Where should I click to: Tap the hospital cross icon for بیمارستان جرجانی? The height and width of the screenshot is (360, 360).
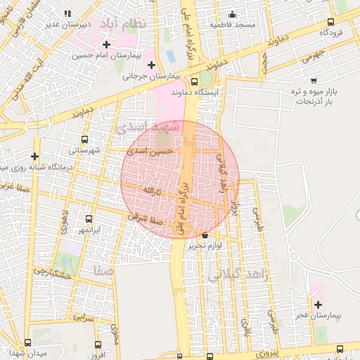coord(151,65)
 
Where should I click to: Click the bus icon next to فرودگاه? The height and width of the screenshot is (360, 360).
coord(332,21)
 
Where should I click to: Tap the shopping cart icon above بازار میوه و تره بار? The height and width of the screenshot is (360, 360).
coord(314,80)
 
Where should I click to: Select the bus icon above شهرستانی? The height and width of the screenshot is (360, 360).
coord(85,139)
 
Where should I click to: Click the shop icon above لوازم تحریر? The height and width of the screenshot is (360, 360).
coord(205,235)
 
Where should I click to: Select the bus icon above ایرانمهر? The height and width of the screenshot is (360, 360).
coord(89,219)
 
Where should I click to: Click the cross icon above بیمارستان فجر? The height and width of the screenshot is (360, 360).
coord(319,305)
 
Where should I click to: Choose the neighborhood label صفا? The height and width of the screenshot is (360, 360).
coord(103,270)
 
